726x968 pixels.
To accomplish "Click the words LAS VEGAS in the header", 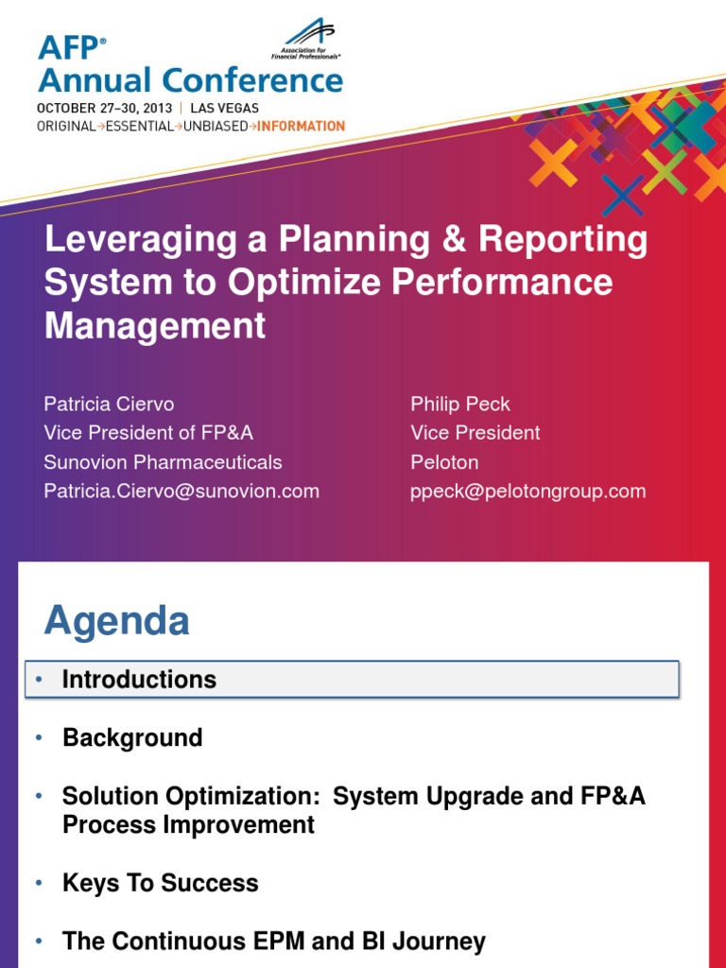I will [x=224, y=108].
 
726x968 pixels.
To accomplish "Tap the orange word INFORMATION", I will [x=302, y=126].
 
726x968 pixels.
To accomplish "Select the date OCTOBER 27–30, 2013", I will [x=104, y=108].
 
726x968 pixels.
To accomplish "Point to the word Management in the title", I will [x=155, y=326].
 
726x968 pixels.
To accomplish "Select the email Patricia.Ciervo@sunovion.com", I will [x=181, y=491].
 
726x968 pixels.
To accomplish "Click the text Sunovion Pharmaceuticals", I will [x=163, y=462].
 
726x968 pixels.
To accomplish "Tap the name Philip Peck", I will [x=460, y=404].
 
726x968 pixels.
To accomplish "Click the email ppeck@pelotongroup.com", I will [x=528, y=491].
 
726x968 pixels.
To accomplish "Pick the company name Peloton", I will [x=444, y=462].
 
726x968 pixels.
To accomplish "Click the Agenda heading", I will [x=117, y=621].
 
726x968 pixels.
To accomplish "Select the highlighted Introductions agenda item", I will [x=139, y=680].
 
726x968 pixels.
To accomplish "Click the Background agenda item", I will [x=132, y=737].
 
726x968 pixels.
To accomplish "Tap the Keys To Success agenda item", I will [x=160, y=883].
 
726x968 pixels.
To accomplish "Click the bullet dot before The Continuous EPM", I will [x=39, y=942].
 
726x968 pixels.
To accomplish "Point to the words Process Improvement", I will [x=188, y=824].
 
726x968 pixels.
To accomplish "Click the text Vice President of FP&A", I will [x=148, y=433].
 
